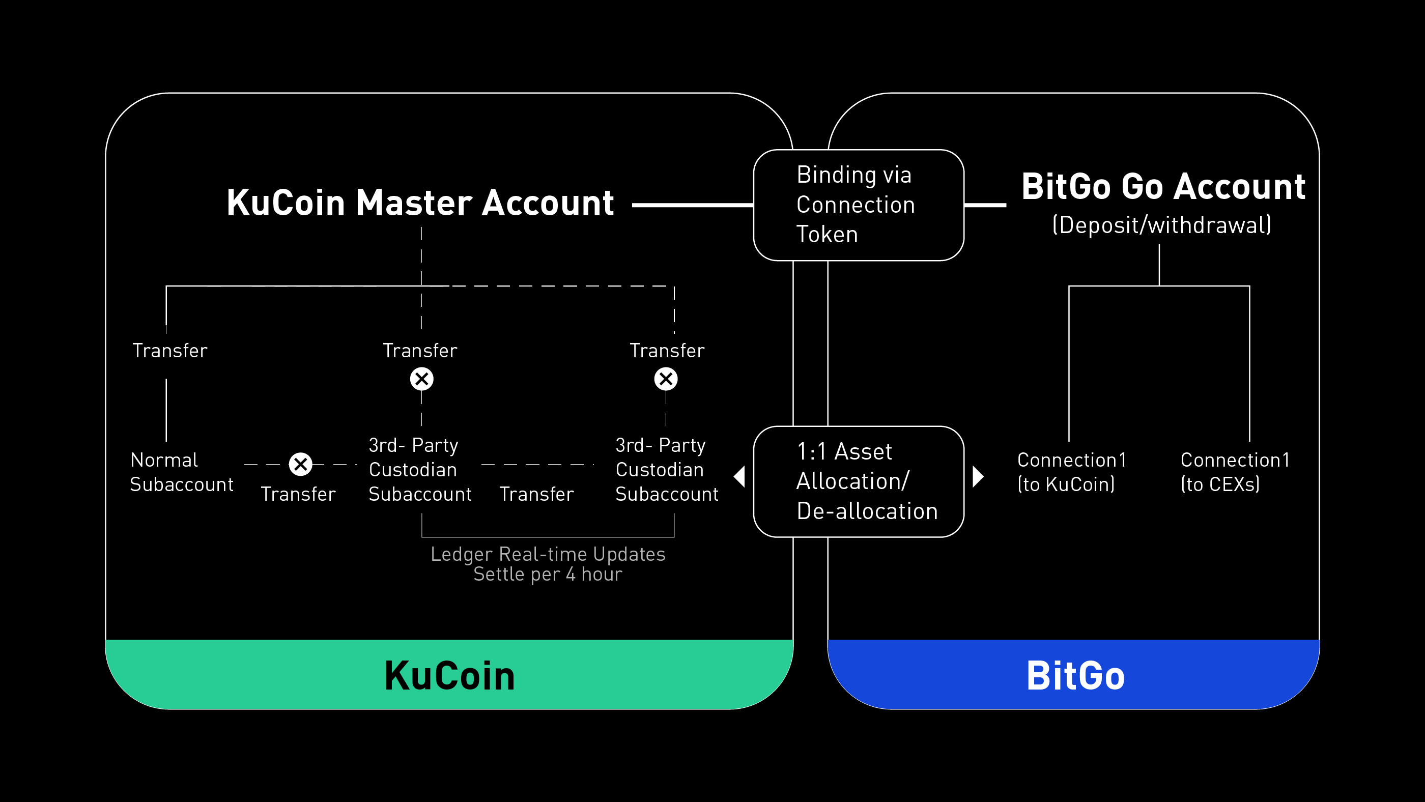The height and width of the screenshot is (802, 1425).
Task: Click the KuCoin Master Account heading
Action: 420,203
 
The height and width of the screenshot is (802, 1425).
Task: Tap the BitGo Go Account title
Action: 1163,186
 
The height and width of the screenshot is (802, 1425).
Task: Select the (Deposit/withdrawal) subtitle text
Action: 1161,225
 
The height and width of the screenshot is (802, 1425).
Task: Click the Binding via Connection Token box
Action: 858,205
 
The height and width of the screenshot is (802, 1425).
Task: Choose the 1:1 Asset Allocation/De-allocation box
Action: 858,481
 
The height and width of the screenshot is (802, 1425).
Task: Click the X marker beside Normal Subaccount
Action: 300,464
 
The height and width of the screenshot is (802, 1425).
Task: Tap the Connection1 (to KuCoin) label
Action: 1071,472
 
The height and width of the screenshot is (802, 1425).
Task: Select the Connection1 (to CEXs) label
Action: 1234,472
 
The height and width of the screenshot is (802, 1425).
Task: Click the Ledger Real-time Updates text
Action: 548,554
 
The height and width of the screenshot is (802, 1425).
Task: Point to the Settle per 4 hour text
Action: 548,575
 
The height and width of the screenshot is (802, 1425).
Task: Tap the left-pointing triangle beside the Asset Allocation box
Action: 740,476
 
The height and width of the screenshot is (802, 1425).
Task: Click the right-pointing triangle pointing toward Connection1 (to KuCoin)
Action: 978,476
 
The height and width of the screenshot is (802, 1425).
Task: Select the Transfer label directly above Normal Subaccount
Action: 169,351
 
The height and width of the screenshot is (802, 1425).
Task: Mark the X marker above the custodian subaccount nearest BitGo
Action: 666,379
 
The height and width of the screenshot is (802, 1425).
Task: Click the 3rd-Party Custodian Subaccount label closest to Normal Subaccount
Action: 419,470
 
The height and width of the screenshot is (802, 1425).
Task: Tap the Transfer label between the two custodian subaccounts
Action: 536,494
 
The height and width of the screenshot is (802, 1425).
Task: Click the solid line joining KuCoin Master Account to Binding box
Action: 692,205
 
